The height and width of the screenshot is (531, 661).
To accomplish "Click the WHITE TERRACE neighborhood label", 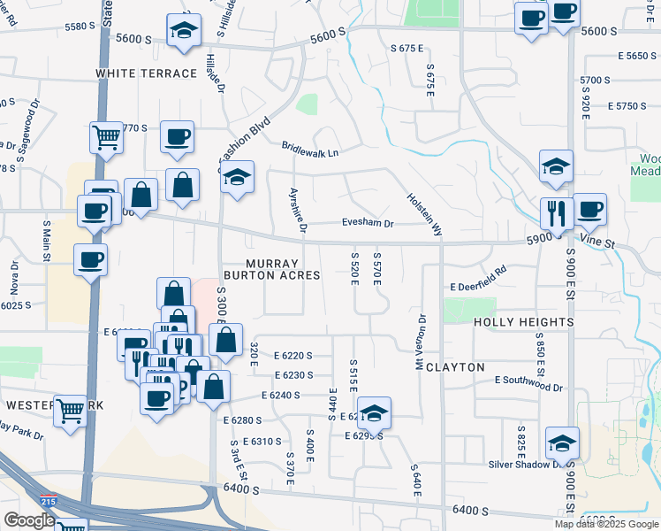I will (146, 73).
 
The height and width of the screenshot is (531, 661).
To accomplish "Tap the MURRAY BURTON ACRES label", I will (283, 269).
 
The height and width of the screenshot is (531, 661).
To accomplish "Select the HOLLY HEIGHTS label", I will (524, 322).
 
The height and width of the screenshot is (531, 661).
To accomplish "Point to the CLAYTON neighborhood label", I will (455, 366).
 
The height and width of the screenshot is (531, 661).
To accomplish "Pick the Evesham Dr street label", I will (368, 224).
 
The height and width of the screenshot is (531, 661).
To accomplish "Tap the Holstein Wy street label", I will (424, 215).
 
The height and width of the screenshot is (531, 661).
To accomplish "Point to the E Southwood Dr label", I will (528, 383).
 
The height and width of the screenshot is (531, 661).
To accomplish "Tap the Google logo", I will (28, 520).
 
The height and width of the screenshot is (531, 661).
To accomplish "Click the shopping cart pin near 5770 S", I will (106, 137).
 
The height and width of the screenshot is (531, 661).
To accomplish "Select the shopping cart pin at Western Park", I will (71, 410).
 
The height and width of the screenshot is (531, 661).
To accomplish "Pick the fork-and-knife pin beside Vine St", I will (557, 213).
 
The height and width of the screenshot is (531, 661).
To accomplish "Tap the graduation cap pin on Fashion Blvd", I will (237, 177).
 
